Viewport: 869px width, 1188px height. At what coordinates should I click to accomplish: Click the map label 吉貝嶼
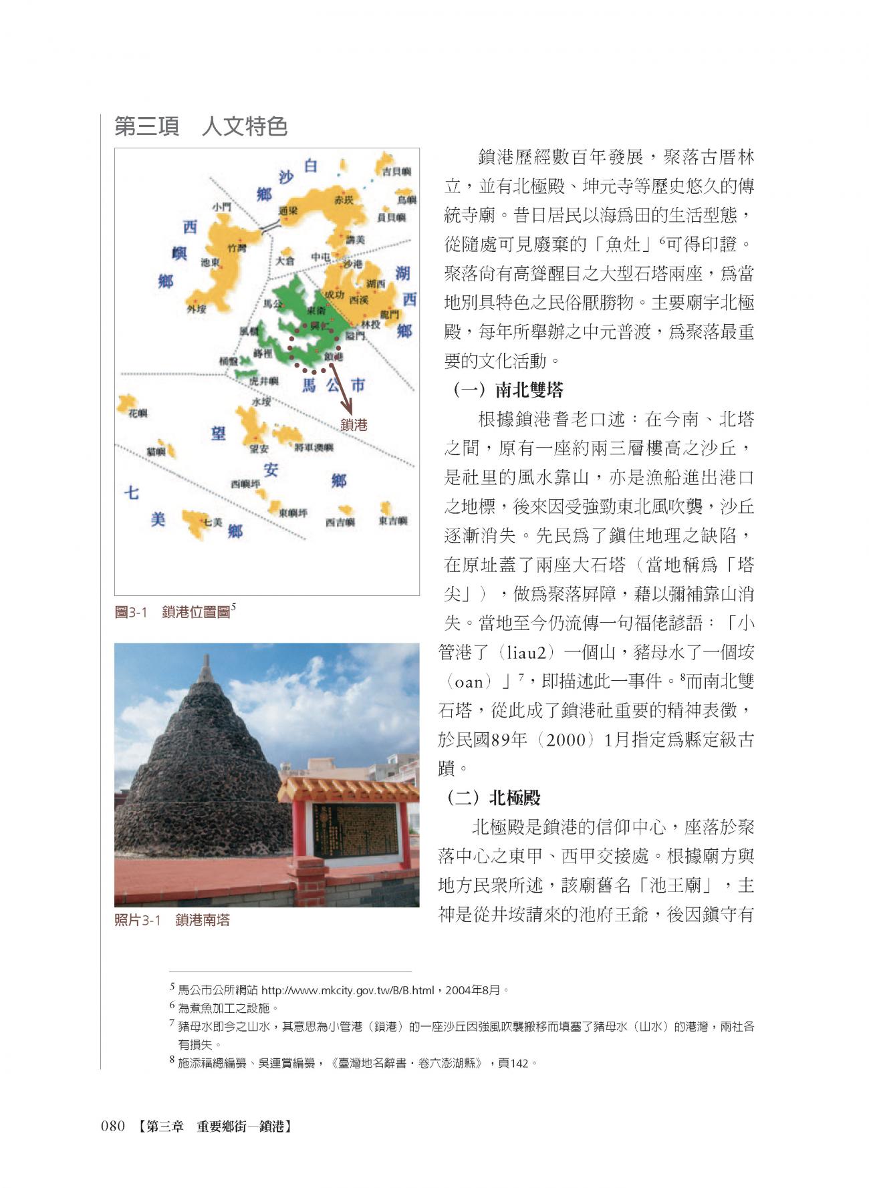coord(396,171)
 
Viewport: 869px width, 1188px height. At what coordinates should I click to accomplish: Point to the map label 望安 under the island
coord(259,449)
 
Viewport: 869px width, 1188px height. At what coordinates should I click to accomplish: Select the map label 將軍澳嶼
coord(314,446)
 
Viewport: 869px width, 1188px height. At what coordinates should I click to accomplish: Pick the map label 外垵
coord(197,309)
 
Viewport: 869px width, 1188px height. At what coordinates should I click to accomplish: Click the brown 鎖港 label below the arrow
coord(354,424)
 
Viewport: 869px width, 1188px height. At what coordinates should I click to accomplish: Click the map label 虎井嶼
coord(263,381)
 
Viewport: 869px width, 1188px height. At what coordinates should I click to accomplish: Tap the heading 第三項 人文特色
coord(201,126)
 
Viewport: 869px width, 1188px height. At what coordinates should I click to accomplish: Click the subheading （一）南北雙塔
coord(507,390)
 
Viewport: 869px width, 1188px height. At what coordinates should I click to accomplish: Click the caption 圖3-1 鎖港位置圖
coord(175,611)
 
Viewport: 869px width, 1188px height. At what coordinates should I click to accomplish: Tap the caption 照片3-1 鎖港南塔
coord(172,920)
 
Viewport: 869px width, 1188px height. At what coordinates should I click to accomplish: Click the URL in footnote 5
coord(348,990)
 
